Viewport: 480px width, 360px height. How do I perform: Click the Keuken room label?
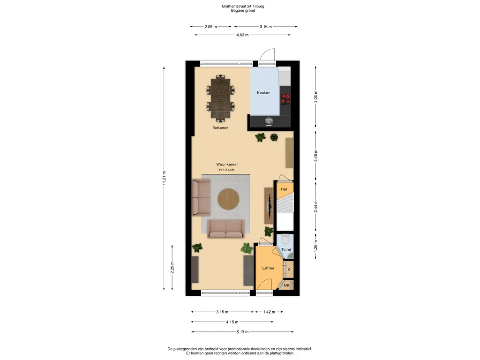(x=263, y=93)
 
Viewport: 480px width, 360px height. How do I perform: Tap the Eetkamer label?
(x=220, y=127)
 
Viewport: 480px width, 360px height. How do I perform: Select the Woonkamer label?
(x=227, y=165)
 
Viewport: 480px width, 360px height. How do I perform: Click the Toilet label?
(x=286, y=249)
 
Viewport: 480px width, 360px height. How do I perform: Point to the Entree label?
(x=268, y=268)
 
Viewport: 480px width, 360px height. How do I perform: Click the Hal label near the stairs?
(x=284, y=189)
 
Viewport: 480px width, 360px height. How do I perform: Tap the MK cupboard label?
(x=286, y=285)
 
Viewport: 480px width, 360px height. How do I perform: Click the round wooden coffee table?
(x=229, y=199)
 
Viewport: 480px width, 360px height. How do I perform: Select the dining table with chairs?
(x=221, y=97)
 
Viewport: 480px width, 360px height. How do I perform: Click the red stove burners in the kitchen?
(x=285, y=99)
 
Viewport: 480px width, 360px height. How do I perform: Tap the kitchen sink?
(x=269, y=121)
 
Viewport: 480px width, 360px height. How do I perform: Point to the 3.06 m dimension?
(x=315, y=97)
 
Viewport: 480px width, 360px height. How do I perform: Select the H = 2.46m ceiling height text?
(x=226, y=170)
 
